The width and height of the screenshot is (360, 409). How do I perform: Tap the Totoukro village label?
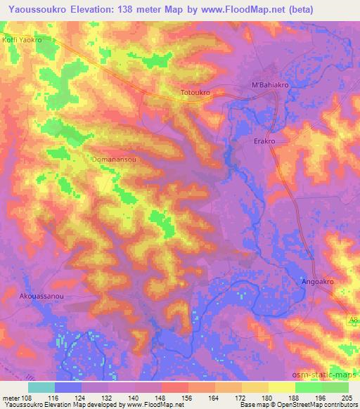coord(196,92)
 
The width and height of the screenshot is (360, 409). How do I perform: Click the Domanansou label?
coord(115,160)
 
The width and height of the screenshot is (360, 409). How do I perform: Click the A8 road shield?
coord(353,320)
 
